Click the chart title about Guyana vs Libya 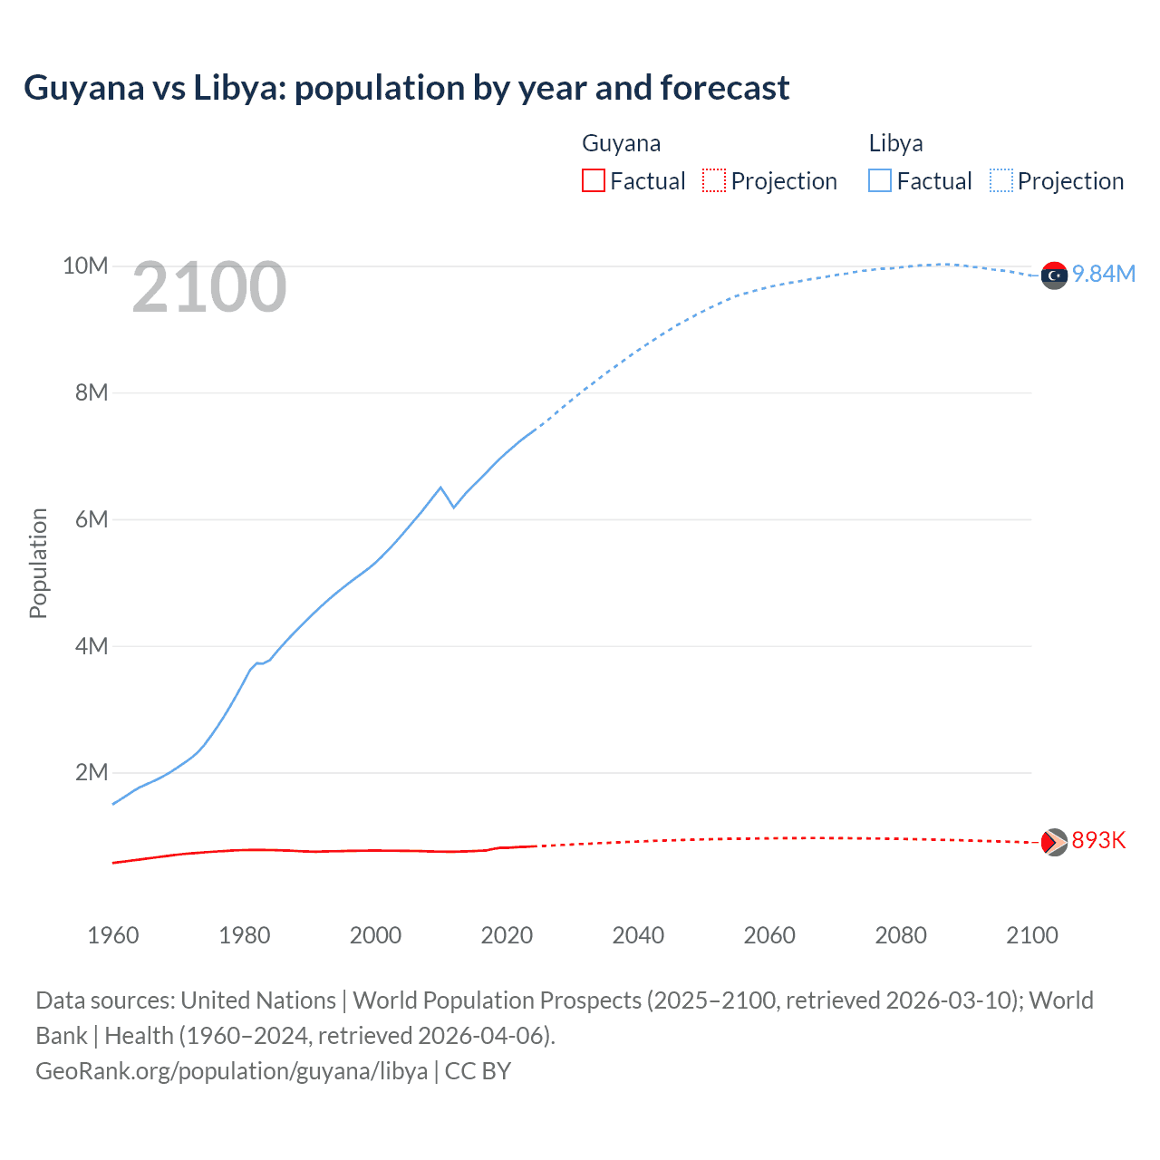point(406,88)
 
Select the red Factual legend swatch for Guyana point(593,180)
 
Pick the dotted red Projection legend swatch point(714,180)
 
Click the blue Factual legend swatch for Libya point(879,180)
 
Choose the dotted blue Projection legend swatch point(1000,180)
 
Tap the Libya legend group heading point(895,143)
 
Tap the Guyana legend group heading point(621,143)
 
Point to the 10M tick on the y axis point(85,266)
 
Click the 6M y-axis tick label point(91,519)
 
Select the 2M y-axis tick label point(91,772)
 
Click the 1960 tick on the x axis point(113,935)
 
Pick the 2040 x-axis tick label point(638,935)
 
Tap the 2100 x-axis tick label point(1031,935)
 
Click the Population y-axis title point(38,563)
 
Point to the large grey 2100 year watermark point(209,287)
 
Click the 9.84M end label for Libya point(1103,275)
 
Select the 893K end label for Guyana point(1098,841)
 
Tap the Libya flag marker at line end point(1054,275)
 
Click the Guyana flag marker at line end point(1054,842)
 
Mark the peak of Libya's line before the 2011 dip point(441,488)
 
